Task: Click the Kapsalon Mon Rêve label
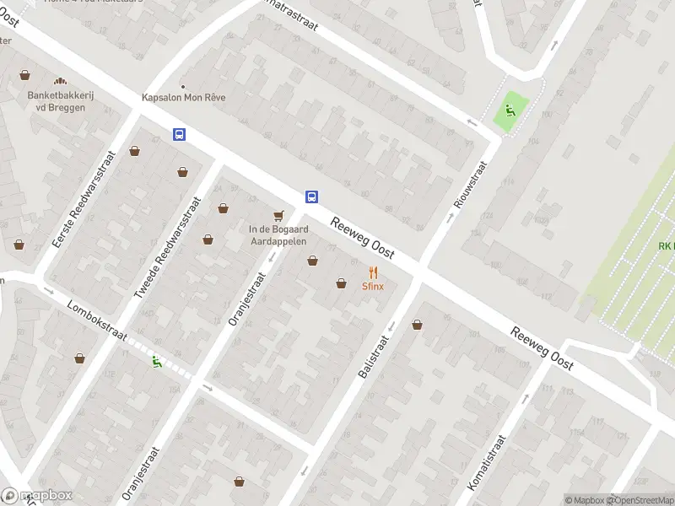pyautogui.click(x=184, y=97)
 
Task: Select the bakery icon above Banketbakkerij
pyautogui.click(x=60, y=82)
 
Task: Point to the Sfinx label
pyautogui.click(x=373, y=286)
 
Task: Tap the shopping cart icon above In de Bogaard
pyautogui.click(x=277, y=215)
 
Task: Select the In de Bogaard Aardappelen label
pyautogui.click(x=277, y=234)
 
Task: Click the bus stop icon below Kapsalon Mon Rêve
pyautogui.click(x=179, y=134)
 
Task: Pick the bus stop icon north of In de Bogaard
pyautogui.click(x=311, y=196)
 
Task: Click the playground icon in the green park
pyautogui.click(x=510, y=109)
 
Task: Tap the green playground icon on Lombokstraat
pyautogui.click(x=156, y=362)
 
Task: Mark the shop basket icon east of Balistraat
pyautogui.click(x=417, y=325)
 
